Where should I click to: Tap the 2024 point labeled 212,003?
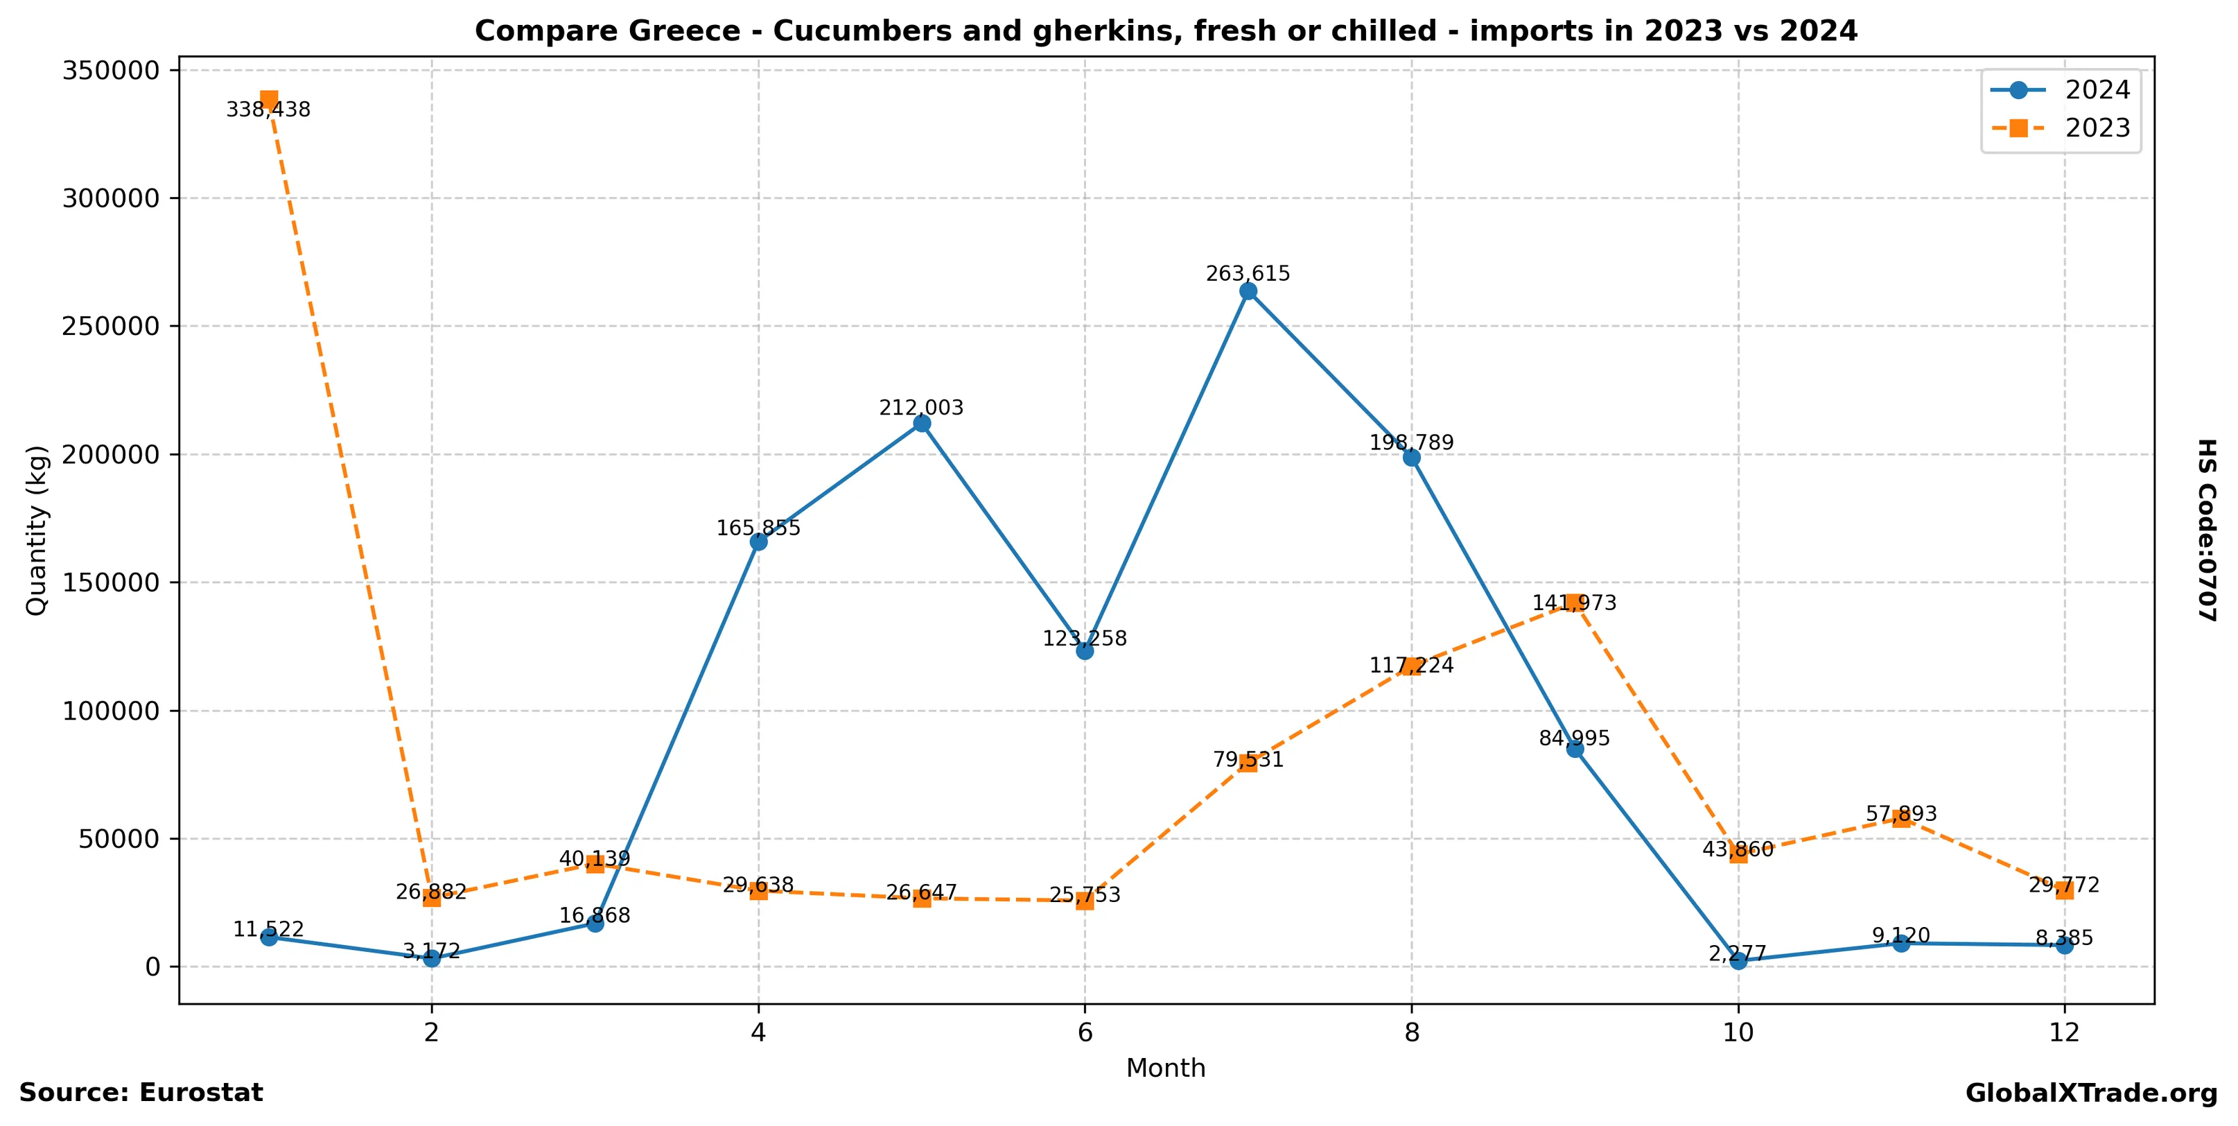pyautogui.click(x=922, y=423)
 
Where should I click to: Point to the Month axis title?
pyautogui.click(x=1165, y=1068)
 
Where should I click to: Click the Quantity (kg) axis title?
pyautogui.click(x=37, y=530)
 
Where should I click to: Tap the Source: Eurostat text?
pyautogui.click(x=141, y=1093)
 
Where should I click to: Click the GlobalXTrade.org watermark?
pyautogui.click(x=2090, y=1094)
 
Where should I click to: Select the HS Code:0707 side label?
pyautogui.click(x=2207, y=530)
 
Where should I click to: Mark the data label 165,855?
pyautogui.click(x=758, y=528)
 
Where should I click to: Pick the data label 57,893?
pyautogui.click(x=1901, y=814)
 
